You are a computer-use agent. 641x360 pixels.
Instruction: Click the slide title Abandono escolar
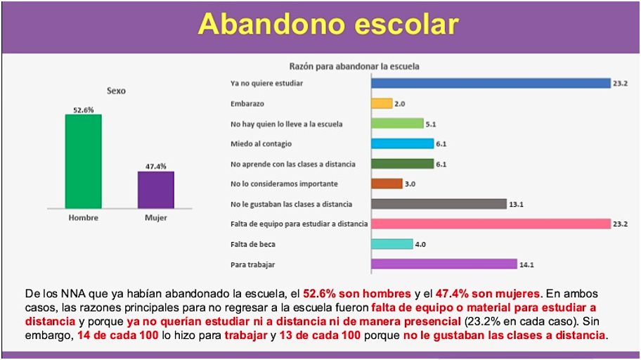coord(328,25)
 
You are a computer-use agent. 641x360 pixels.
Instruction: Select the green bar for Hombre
coord(83,161)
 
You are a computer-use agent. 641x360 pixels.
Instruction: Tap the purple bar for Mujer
coord(155,190)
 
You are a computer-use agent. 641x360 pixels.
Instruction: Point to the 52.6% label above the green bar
coord(83,109)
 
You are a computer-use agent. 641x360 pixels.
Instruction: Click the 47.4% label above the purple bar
coord(155,166)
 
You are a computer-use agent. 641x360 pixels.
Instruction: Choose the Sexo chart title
coord(116,91)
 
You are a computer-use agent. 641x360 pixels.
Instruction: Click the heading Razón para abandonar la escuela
coord(354,66)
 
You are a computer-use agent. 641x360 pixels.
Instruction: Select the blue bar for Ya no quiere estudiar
coord(490,83)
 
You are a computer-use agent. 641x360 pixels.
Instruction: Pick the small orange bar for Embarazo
coord(381,103)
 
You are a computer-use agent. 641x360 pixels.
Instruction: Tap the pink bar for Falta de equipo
coord(490,224)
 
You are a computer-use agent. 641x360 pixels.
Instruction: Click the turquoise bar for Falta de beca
coord(391,244)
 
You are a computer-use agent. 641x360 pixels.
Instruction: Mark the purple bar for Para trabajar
coord(443,264)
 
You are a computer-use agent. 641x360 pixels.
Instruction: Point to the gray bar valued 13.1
coord(439,204)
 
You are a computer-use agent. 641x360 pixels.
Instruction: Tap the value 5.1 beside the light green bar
coord(432,124)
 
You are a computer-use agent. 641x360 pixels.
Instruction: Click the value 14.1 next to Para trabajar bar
coord(526,264)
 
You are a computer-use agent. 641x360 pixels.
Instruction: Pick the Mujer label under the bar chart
coord(155,217)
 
